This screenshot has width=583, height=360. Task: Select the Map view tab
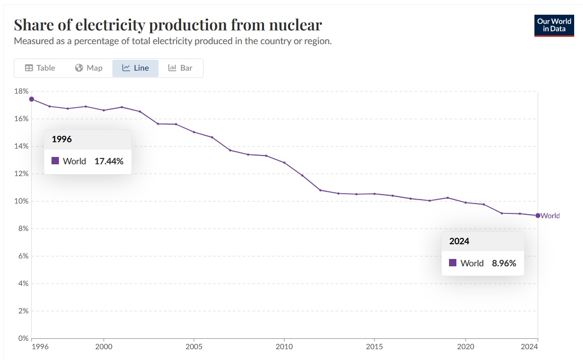tap(89, 68)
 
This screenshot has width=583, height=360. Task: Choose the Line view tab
tap(135, 68)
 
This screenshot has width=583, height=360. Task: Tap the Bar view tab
tap(180, 68)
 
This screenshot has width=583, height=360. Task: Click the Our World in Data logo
tap(554, 26)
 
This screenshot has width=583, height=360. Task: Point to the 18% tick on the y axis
tap(22, 91)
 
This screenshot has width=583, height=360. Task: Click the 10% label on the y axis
tap(22, 201)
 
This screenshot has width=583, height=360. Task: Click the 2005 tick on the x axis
tap(194, 346)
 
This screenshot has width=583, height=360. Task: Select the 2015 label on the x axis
tap(374, 346)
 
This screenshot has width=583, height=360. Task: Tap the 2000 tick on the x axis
tap(104, 346)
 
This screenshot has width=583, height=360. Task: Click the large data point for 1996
tap(31, 99)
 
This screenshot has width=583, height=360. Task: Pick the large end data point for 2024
tap(538, 215)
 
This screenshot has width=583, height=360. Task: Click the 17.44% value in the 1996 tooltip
tap(109, 161)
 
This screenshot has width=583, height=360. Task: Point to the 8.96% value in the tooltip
tap(504, 263)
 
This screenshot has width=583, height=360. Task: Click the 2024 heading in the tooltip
tap(459, 241)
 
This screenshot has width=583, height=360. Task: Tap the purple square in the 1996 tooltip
tap(55, 160)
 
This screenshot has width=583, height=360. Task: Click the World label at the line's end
tap(550, 216)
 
